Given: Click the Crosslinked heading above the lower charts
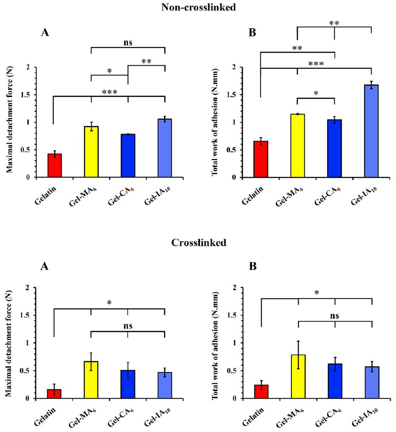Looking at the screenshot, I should pos(199,243).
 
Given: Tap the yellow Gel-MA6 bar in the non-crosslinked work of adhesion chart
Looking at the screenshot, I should pos(298,146).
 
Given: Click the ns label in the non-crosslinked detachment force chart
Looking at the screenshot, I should pos(128,43).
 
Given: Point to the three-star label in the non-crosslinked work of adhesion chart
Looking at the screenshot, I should pos(316,64).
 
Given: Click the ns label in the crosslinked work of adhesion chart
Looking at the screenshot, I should pos(335,316).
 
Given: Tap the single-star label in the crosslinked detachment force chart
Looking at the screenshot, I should pos(109,303).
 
